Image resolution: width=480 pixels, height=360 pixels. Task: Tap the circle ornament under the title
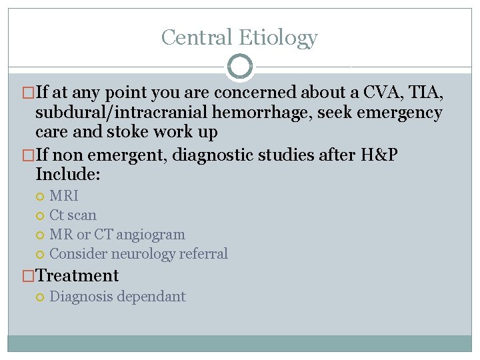240,67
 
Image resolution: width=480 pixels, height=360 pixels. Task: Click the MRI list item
64,196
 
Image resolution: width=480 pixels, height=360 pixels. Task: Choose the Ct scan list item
73,215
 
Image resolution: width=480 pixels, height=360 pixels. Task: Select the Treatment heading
77,275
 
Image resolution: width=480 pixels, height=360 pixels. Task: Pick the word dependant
151,297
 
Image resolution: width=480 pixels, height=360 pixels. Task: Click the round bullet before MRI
41,197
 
